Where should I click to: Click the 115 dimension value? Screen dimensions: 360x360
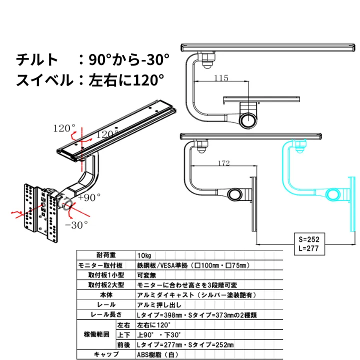tap(220, 78)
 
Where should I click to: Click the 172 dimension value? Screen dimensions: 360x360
tap(224, 163)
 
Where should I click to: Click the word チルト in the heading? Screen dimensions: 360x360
tap(37, 60)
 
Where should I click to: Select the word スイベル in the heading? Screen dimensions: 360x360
tap(44, 80)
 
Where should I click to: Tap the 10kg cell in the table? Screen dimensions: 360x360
tap(144, 255)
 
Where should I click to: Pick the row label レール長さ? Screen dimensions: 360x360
tap(102, 315)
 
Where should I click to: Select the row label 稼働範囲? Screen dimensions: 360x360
tap(94, 334)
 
